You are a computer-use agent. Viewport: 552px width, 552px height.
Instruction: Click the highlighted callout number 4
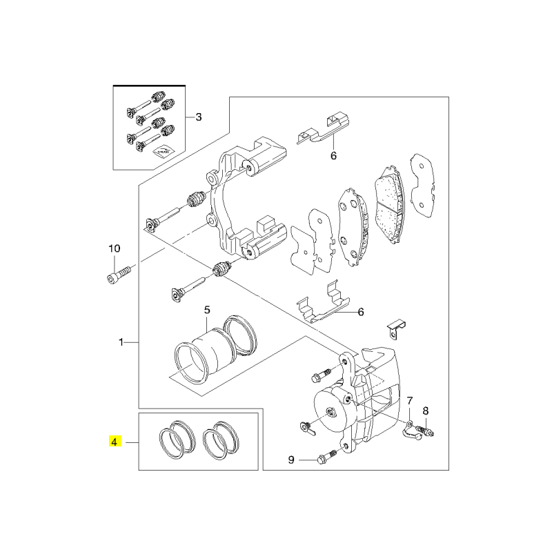[x=115, y=442]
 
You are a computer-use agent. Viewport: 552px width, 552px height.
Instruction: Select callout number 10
[x=114, y=249]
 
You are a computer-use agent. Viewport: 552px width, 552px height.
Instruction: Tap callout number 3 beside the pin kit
[x=199, y=117]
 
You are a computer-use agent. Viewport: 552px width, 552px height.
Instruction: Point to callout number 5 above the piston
[x=207, y=310]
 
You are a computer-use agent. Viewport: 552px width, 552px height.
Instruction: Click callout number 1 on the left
[x=121, y=342]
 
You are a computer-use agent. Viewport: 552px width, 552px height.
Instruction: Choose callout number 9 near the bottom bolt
[x=291, y=460]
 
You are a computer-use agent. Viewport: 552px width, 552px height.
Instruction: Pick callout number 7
[x=410, y=401]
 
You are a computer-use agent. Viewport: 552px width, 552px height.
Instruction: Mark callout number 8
[x=426, y=411]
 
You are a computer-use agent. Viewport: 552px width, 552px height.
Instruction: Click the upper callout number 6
[x=333, y=155]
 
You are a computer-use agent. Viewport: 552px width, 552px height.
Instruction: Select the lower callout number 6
[x=360, y=312]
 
